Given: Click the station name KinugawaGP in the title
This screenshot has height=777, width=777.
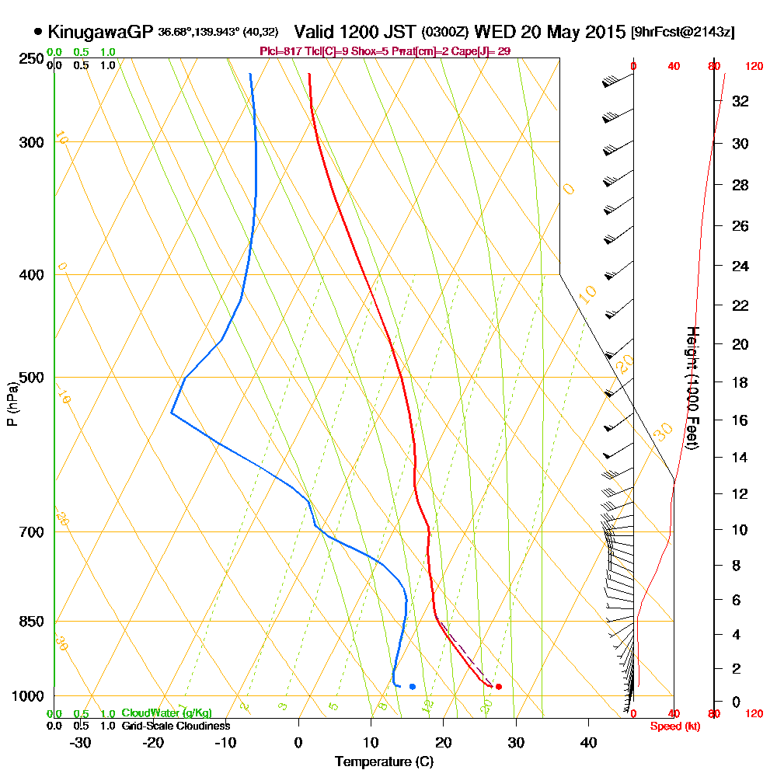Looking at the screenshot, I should [100, 32].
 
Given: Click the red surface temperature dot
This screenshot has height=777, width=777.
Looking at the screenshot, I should [498, 686].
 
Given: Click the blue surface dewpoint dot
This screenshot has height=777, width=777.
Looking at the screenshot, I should [412, 686].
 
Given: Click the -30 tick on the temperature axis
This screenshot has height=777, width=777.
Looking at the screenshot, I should [81, 741].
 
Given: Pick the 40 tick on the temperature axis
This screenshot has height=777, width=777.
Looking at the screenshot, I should [588, 741].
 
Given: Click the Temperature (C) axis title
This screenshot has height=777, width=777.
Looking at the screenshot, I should [384, 761].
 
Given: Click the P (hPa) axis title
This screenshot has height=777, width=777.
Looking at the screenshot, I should [12, 404].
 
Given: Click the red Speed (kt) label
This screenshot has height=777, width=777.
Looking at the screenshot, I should [673, 726].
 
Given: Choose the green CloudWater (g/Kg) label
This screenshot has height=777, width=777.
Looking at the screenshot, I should [166, 713].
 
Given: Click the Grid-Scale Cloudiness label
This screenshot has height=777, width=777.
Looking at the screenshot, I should [176, 726].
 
